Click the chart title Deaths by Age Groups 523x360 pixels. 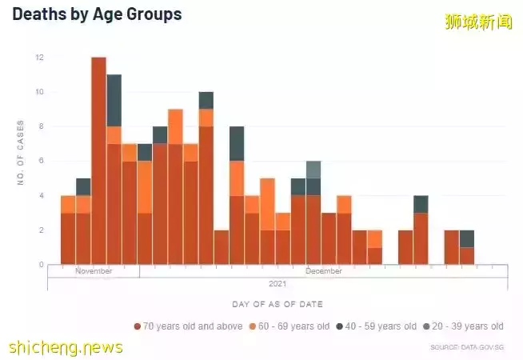97,14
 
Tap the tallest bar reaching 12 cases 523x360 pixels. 99,160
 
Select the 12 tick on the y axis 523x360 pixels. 39,58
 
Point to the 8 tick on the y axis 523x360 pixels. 41,126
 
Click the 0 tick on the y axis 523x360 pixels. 41,265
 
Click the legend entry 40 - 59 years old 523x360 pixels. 376,326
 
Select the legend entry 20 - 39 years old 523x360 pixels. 464,326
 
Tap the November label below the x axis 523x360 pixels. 94,271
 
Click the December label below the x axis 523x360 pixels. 323,271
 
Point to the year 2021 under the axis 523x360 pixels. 277,283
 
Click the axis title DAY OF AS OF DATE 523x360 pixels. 277,305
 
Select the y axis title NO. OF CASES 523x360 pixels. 20,153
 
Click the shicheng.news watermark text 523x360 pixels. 66,347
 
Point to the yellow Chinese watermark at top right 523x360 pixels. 478,22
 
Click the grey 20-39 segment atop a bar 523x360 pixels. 313,170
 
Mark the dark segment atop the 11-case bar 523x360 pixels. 114,100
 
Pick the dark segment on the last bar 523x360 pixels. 467,238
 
